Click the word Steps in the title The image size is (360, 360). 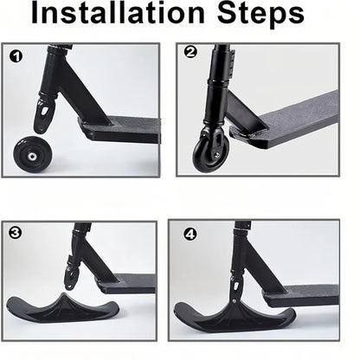click(260, 16)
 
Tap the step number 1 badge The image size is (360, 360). click(16, 59)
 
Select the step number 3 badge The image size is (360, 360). click(16, 233)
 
